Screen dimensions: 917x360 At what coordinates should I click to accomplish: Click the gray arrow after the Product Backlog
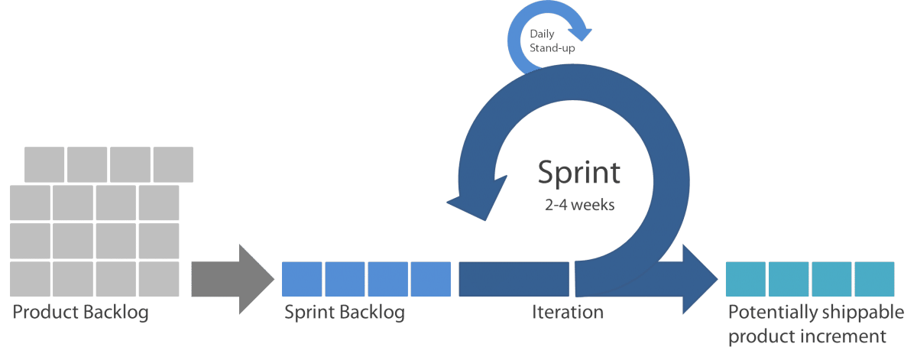232,279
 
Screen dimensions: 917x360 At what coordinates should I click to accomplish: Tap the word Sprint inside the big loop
579,174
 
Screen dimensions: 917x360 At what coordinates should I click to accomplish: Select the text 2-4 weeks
579,204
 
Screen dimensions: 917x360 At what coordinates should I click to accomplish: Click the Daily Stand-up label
552,41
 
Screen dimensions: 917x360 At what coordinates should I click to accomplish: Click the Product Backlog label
80,313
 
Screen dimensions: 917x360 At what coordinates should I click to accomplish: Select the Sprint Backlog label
345,313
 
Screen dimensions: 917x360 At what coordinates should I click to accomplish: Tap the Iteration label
567,312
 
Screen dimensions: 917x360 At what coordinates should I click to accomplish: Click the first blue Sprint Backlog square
302,279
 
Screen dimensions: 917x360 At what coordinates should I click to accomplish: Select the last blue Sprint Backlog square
431,279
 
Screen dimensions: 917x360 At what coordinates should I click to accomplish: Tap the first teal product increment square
746,279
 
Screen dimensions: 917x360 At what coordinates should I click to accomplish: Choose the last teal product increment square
874,279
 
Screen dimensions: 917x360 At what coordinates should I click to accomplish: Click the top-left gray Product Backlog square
44,164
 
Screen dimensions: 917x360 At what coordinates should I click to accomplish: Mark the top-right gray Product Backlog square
173,164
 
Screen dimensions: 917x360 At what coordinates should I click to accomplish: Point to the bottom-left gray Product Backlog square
30,279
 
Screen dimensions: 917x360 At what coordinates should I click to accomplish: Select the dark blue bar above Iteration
514,279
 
